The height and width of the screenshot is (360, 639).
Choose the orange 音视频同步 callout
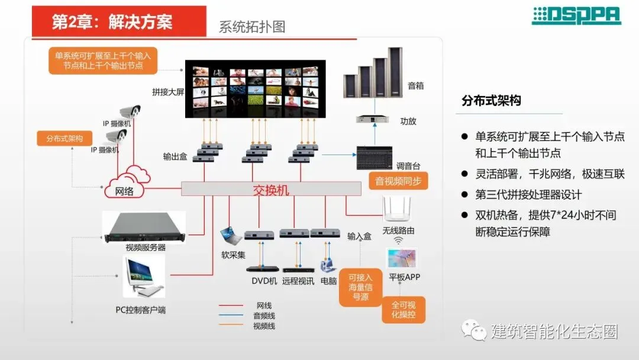click(x=398, y=181)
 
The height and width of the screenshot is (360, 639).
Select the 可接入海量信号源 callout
click(x=360, y=287)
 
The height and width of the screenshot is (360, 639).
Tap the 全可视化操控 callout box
click(x=404, y=310)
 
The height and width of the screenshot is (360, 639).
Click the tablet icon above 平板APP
click(x=402, y=259)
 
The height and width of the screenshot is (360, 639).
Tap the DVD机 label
click(x=261, y=281)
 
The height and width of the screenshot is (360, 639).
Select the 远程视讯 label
click(x=298, y=281)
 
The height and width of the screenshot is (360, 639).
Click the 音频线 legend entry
click(x=264, y=316)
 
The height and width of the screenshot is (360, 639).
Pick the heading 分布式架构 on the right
click(x=491, y=101)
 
